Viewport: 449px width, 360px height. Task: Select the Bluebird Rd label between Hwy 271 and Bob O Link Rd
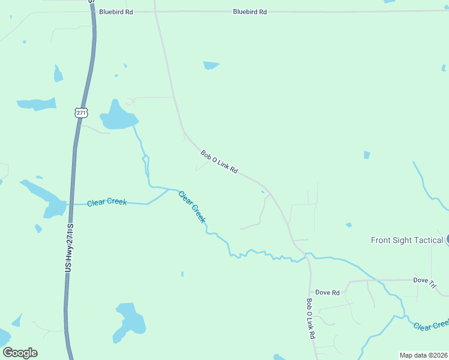116,11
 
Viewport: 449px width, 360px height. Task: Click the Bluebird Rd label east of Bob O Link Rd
250,11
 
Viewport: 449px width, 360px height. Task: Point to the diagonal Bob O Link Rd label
219,163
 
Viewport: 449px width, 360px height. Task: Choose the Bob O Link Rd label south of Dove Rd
311,319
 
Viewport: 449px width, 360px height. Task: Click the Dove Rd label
328,293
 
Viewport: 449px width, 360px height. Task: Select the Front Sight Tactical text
407,240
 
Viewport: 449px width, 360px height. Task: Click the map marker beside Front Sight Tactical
447,239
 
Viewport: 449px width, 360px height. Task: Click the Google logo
20,353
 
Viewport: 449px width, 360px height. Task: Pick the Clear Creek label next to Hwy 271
107,202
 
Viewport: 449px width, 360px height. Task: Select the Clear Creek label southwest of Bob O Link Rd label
191,206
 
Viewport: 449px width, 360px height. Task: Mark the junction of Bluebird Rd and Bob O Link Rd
155,11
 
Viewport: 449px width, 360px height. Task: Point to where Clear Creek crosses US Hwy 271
70,204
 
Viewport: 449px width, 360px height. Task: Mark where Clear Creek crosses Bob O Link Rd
306,256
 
